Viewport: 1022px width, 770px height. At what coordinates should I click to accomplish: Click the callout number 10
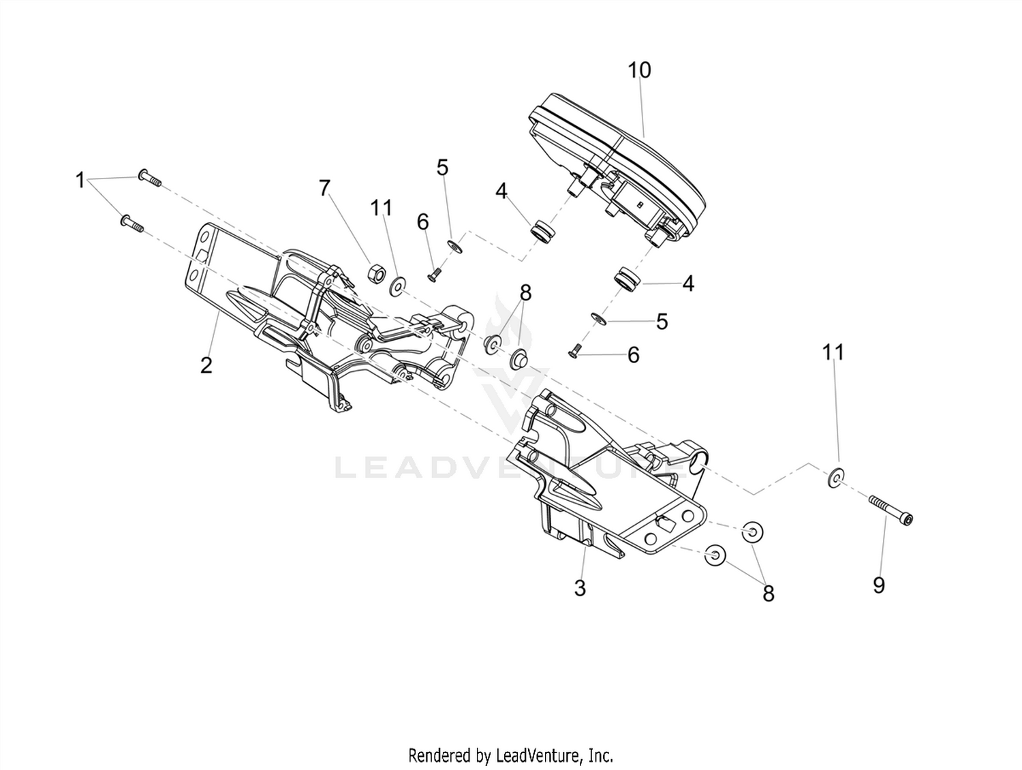pos(639,70)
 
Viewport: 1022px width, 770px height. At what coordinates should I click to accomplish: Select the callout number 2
pos(206,365)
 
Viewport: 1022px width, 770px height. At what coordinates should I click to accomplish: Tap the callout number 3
pos(580,589)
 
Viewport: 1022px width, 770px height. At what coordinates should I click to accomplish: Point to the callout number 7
pos(324,188)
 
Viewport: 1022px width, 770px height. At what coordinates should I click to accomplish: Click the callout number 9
pos(879,585)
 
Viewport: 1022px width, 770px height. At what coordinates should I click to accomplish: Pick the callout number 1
pos(80,180)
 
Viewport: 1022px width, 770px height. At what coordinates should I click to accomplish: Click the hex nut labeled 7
pos(375,273)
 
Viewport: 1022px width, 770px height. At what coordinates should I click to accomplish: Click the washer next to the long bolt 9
pos(836,478)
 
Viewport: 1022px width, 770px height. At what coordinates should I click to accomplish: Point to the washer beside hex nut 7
pos(397,286)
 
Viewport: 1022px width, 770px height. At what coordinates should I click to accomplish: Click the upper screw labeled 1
pos(149,178)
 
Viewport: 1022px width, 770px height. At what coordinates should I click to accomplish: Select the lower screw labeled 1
pos(132,223)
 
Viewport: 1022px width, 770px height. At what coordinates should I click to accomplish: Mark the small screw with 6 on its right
pos(574,354)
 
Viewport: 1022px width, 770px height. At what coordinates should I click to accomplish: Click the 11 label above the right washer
pos(833,352)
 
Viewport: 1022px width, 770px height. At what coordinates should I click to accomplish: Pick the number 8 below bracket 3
pos(769,594)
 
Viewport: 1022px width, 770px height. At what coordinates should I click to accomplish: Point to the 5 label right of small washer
pos(662,322)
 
